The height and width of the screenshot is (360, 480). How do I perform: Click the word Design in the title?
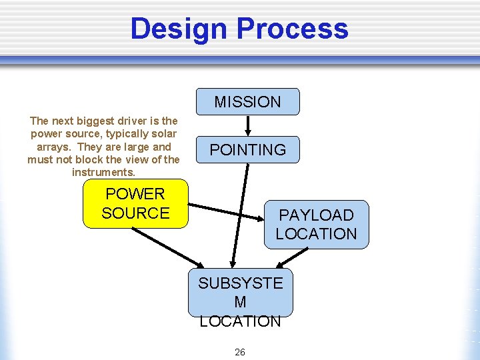click(x=179, y=29)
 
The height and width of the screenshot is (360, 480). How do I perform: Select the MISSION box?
click(x=247, y=102)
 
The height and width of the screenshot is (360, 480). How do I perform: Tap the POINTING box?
click(x=247, y=150)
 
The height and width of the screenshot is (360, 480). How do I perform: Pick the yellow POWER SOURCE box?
click(x=135, y=203)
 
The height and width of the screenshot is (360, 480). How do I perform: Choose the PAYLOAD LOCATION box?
click(x=316, y=225)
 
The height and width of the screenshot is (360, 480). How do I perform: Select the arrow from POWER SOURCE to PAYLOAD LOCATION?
click(x=227, y=211)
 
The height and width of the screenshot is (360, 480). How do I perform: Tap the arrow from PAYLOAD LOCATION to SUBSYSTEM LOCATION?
click(x=293, y=258)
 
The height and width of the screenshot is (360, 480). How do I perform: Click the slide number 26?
click(x=240, y=351)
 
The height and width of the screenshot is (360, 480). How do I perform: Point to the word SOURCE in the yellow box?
click(x=135, y=213)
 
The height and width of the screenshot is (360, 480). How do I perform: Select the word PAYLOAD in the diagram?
click(x=316, y=215)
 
